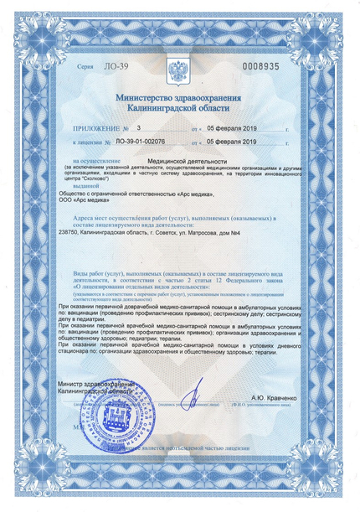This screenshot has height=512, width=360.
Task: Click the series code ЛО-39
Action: [97, 66]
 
